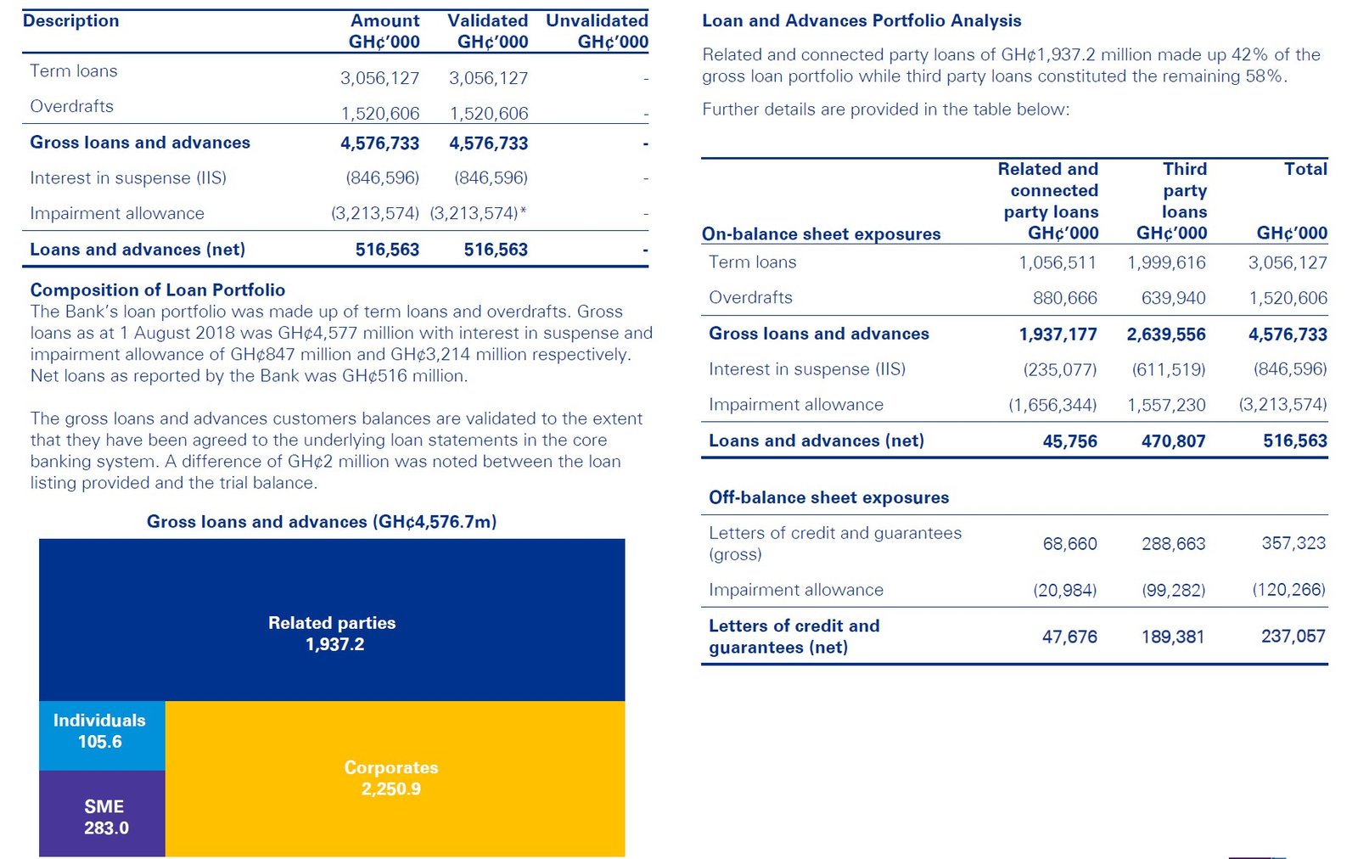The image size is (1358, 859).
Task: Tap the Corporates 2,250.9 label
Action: click(391, 778)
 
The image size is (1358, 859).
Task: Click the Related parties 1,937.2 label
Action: click(333, 633)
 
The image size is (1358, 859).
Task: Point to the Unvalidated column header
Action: click(597, 31)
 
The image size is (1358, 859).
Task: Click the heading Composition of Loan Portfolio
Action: click(157, 289)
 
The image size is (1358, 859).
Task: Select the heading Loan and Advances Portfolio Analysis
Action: click(861, 20)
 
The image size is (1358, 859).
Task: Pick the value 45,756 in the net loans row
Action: click(1069, 441)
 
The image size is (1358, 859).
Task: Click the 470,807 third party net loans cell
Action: click(1173, 441)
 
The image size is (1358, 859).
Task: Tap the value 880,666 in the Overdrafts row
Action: click(1064, 298)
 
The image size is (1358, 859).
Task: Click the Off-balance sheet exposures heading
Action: click(828, 497)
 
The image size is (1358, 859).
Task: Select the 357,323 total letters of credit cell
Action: click(1293, 543)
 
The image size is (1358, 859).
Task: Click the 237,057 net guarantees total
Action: click(1293, 636)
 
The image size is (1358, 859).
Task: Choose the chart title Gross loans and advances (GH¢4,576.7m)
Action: click(322, 521)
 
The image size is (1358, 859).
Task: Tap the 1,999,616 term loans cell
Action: click(1166, 262)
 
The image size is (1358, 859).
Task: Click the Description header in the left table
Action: click(70, 20)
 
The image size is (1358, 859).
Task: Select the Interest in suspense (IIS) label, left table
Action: click(128, 177)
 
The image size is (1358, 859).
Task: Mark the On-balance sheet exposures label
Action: click(821, 233)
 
